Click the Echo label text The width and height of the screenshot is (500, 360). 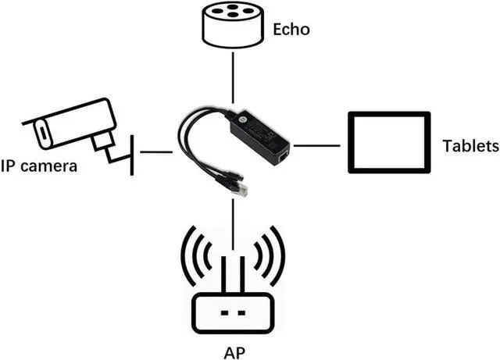click(291, 30)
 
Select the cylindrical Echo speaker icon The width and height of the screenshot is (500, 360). click(232, 25)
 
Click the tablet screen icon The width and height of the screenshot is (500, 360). click(388, 143)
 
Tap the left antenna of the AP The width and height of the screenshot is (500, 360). click(222, 273)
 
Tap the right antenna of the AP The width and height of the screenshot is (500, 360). click(243, 273)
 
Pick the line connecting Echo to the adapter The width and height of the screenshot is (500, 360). click(232, 78)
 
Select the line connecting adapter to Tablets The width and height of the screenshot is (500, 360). click(316, 144)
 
